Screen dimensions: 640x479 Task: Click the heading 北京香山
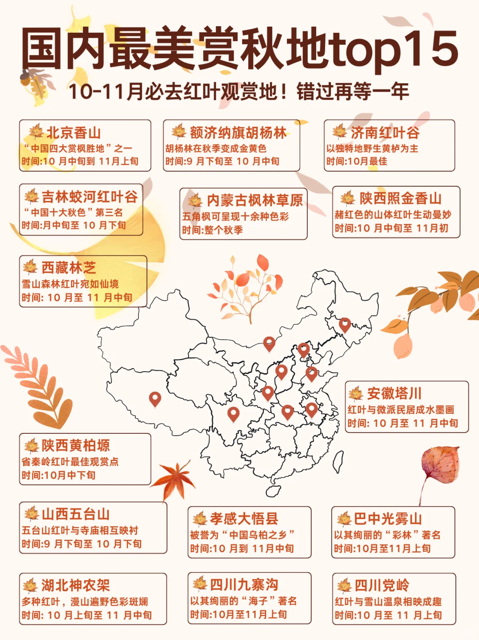74,133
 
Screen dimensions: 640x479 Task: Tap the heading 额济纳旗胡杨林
238,132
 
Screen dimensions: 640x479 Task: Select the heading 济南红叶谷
385,132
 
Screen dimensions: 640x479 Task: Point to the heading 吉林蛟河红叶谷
90,196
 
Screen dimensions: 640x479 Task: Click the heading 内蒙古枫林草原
255,200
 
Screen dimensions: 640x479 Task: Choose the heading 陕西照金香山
400,198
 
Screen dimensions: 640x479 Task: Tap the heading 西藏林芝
69,267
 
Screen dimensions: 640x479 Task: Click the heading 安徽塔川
394,393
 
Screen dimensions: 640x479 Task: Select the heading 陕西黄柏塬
76,446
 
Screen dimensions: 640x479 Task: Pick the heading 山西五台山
76,514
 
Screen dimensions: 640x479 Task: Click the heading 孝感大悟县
244,518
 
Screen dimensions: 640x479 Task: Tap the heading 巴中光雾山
388,518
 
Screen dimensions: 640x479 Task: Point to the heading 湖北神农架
76,585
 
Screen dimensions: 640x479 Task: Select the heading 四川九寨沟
244,585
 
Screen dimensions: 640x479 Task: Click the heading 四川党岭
382,585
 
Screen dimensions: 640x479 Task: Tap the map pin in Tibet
155,398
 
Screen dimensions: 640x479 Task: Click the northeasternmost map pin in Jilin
345,324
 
